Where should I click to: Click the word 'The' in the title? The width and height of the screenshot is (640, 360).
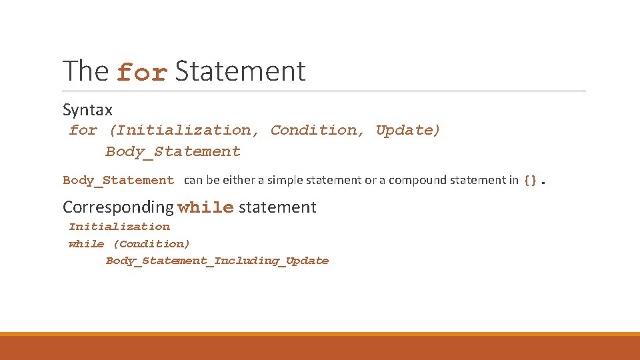coord(86,71)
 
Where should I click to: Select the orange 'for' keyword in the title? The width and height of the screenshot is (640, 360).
coord(142,73)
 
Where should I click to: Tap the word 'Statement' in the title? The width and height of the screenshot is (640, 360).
coord(240,71)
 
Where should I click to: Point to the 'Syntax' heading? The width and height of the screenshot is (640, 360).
coord(87,110)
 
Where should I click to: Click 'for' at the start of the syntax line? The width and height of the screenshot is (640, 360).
coord(83,131)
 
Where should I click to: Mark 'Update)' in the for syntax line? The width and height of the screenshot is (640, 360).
coord(408,131)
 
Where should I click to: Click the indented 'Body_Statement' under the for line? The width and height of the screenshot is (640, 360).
coord(173,152)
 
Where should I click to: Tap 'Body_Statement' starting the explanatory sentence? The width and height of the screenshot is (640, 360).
coord(118,180)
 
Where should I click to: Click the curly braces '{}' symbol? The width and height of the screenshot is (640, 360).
coord(530,180)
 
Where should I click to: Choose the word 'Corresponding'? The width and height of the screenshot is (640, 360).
coord(118,207)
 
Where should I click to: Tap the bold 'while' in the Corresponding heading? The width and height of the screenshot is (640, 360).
coord(205,208)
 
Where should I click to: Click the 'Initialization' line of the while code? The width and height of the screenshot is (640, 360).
coord(119,227)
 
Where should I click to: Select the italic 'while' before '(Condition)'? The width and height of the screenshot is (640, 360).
coord(86,244)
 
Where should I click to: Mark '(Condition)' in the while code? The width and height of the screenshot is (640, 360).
coord(151,244)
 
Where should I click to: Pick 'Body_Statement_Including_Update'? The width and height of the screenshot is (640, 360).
coord(217,261)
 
